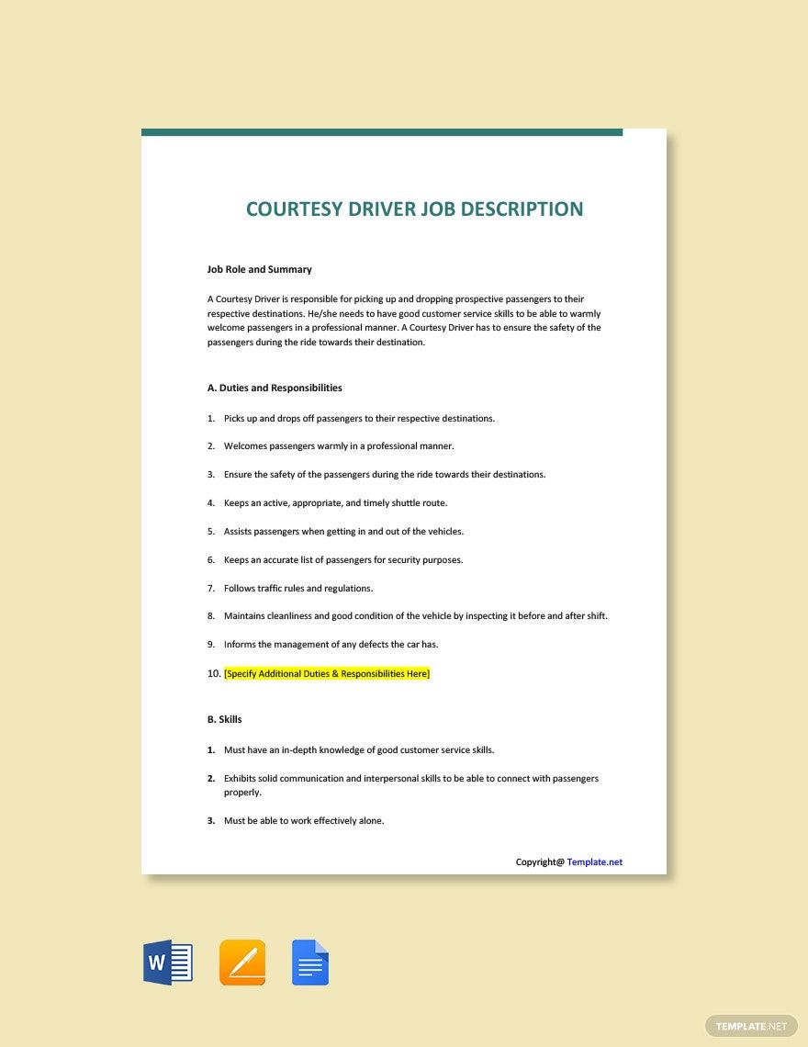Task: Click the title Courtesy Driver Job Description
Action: click(x=414, y=208)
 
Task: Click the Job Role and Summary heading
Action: click(x=259, y=269)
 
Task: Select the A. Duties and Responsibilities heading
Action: click(x=275, y=388)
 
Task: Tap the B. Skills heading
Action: click(x=225, y=719)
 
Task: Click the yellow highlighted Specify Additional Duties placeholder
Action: click(x=327, y=673)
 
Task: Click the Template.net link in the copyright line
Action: click(x=594, y=861)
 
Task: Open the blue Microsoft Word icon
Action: click(x=168, y=963)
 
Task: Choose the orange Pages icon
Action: click(x=242, y=963)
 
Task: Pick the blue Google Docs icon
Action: click(x=310, y=963)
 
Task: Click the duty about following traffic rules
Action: click(x=298, y=588)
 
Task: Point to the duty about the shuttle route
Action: click(x=335, y=502)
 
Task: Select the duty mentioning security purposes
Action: click(x=343, y=559)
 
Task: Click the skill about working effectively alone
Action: click(x=304, y=820)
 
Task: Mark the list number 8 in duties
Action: click(x=211, y=615)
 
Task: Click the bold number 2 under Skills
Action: click(x=211, y=778)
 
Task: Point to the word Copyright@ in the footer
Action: click(x=540, y=861)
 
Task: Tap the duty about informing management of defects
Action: click(x=331, y=644)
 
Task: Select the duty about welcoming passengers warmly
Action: click(x=339, y=445)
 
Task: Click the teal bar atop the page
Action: click(x=382, y=132)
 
